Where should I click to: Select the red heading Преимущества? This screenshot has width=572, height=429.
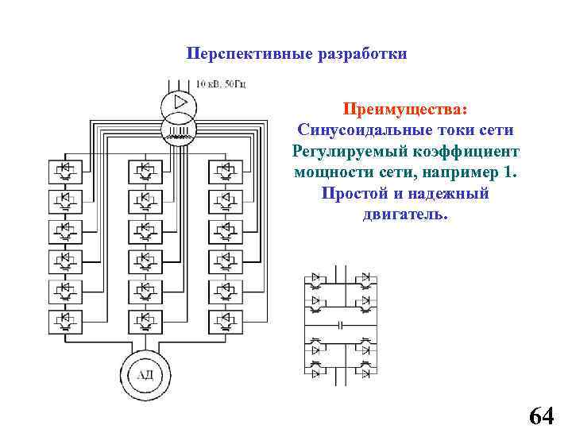coord(405,107)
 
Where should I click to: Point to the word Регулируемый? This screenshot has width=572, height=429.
coord(342,151)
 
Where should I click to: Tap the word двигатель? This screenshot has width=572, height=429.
coord(405,215)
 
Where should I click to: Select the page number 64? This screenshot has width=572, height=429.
coord(540,415)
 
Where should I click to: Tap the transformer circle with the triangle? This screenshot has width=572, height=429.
coord(179,103)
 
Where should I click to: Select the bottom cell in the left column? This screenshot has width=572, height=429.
coord(66,321)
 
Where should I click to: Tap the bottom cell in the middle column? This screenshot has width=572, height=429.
coord(144,321)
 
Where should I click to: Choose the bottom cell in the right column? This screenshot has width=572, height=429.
coord(225,321)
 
